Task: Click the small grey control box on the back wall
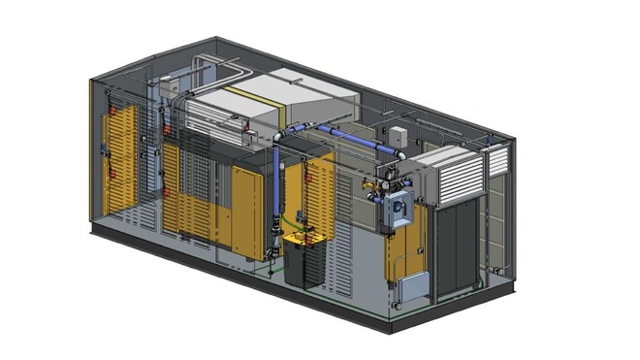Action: point(399,135)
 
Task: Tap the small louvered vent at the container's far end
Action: point(496,161)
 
